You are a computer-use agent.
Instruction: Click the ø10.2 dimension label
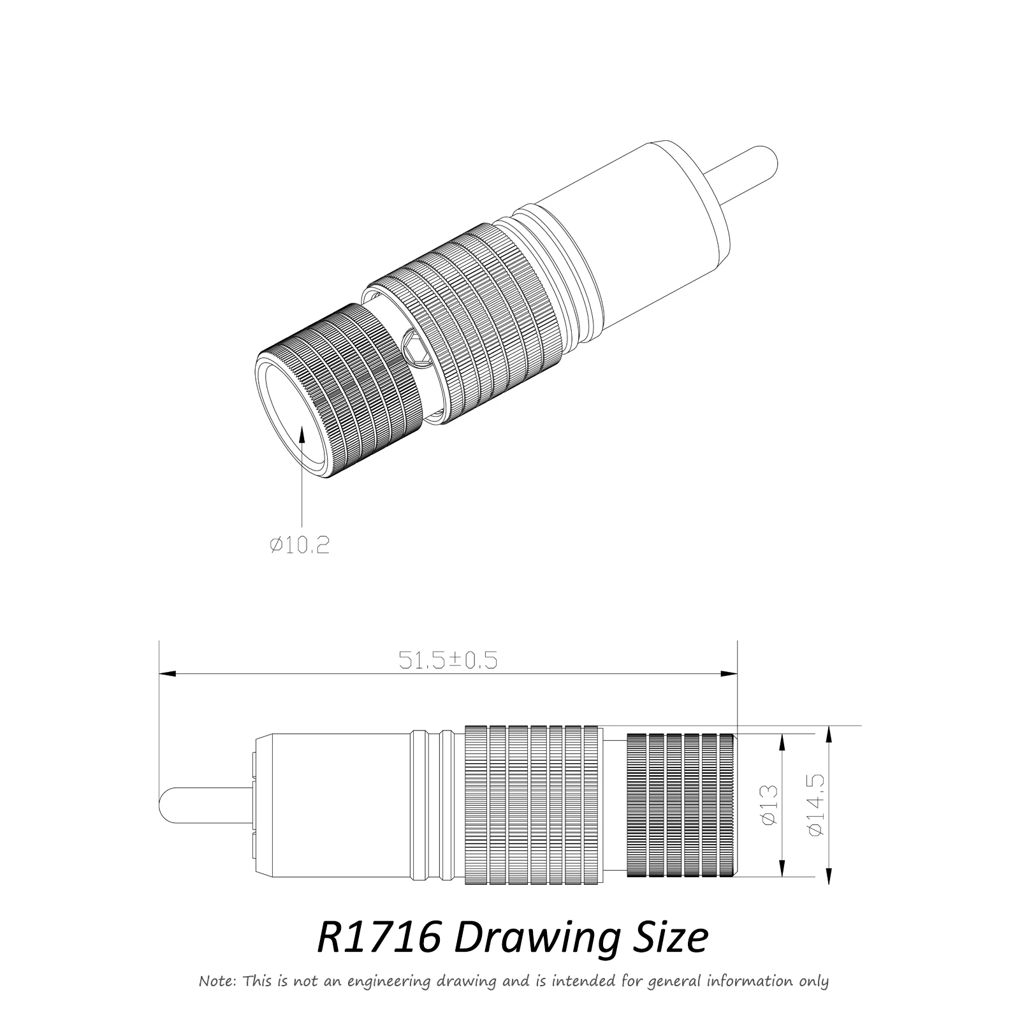click(300, 545)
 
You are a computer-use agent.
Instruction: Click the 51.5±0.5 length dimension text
click(448, 660)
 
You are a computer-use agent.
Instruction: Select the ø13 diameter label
click(770, 805)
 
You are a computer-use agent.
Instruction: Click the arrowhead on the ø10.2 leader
click(303, 433)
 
